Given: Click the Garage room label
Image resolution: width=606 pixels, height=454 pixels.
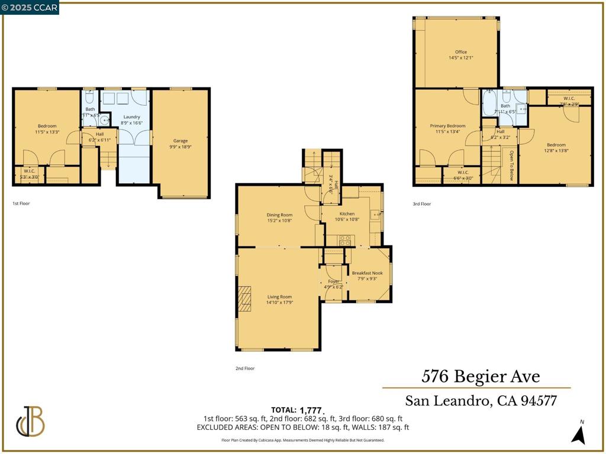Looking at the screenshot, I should [x=180, y=141].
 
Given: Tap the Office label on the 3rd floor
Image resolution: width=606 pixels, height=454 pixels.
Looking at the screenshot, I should [x=461, y=52].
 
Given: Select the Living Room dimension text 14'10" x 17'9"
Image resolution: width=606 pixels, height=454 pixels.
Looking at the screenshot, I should [x=280, y=303].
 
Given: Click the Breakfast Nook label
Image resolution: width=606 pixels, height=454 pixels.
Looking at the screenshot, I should [x=367, y=273].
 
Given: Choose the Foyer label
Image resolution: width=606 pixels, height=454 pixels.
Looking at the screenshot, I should [x=334, y=281].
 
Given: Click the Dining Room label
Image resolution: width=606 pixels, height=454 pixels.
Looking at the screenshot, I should [x=279, y=215].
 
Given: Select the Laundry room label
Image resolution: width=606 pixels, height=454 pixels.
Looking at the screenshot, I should [x=131, y=117].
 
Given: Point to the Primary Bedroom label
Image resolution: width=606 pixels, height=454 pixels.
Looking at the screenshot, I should [x=447, y=126].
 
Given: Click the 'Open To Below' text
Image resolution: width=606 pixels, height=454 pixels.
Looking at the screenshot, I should [x=512, y=165].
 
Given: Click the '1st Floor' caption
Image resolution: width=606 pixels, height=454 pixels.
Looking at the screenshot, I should [x=21, y=203].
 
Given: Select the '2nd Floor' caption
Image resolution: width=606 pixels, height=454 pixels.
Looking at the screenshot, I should [x=245, y=368].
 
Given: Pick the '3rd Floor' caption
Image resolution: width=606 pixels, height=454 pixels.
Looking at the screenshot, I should [x=422, y=204].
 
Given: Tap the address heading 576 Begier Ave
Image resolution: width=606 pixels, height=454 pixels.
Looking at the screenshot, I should [x=481, y=376].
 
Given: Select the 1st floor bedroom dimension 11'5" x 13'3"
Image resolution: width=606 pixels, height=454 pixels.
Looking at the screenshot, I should [x=47, y=132].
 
